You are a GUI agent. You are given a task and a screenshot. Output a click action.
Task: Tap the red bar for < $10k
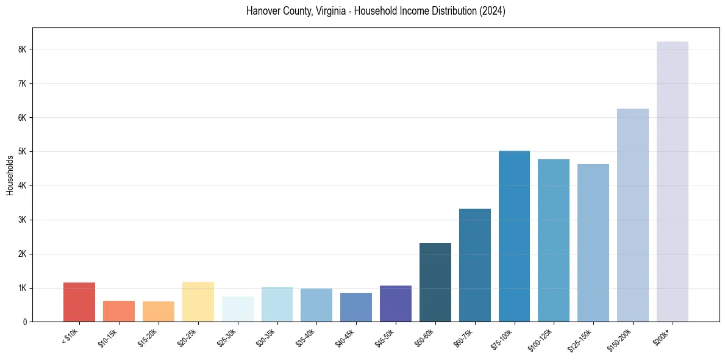[79, 302]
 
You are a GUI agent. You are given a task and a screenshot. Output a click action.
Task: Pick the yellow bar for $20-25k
[198, 301]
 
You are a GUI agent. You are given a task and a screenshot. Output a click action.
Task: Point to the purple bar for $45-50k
[395, 303]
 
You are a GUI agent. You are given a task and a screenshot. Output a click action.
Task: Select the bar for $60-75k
[474, 265]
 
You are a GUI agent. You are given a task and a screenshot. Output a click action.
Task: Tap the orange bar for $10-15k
[118, 311]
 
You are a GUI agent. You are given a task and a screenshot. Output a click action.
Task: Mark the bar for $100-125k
[554, 240]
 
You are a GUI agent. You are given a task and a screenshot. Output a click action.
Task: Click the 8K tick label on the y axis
[23, 49]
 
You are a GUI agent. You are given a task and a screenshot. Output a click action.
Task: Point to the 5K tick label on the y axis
[23, 151]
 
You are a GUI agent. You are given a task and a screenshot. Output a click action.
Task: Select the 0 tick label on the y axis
[25, 322]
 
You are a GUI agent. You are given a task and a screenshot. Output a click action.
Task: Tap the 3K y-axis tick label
[23, 220]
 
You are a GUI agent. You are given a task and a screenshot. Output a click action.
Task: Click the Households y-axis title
[10, 175]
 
